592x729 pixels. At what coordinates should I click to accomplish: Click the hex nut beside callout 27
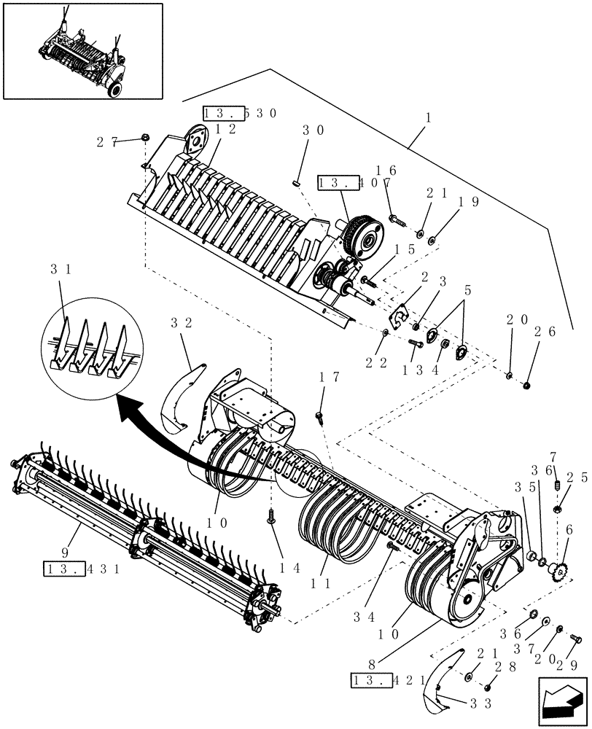point(145,137)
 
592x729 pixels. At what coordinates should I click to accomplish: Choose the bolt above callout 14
point(271,515)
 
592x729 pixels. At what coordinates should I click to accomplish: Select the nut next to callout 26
point(527,384)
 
